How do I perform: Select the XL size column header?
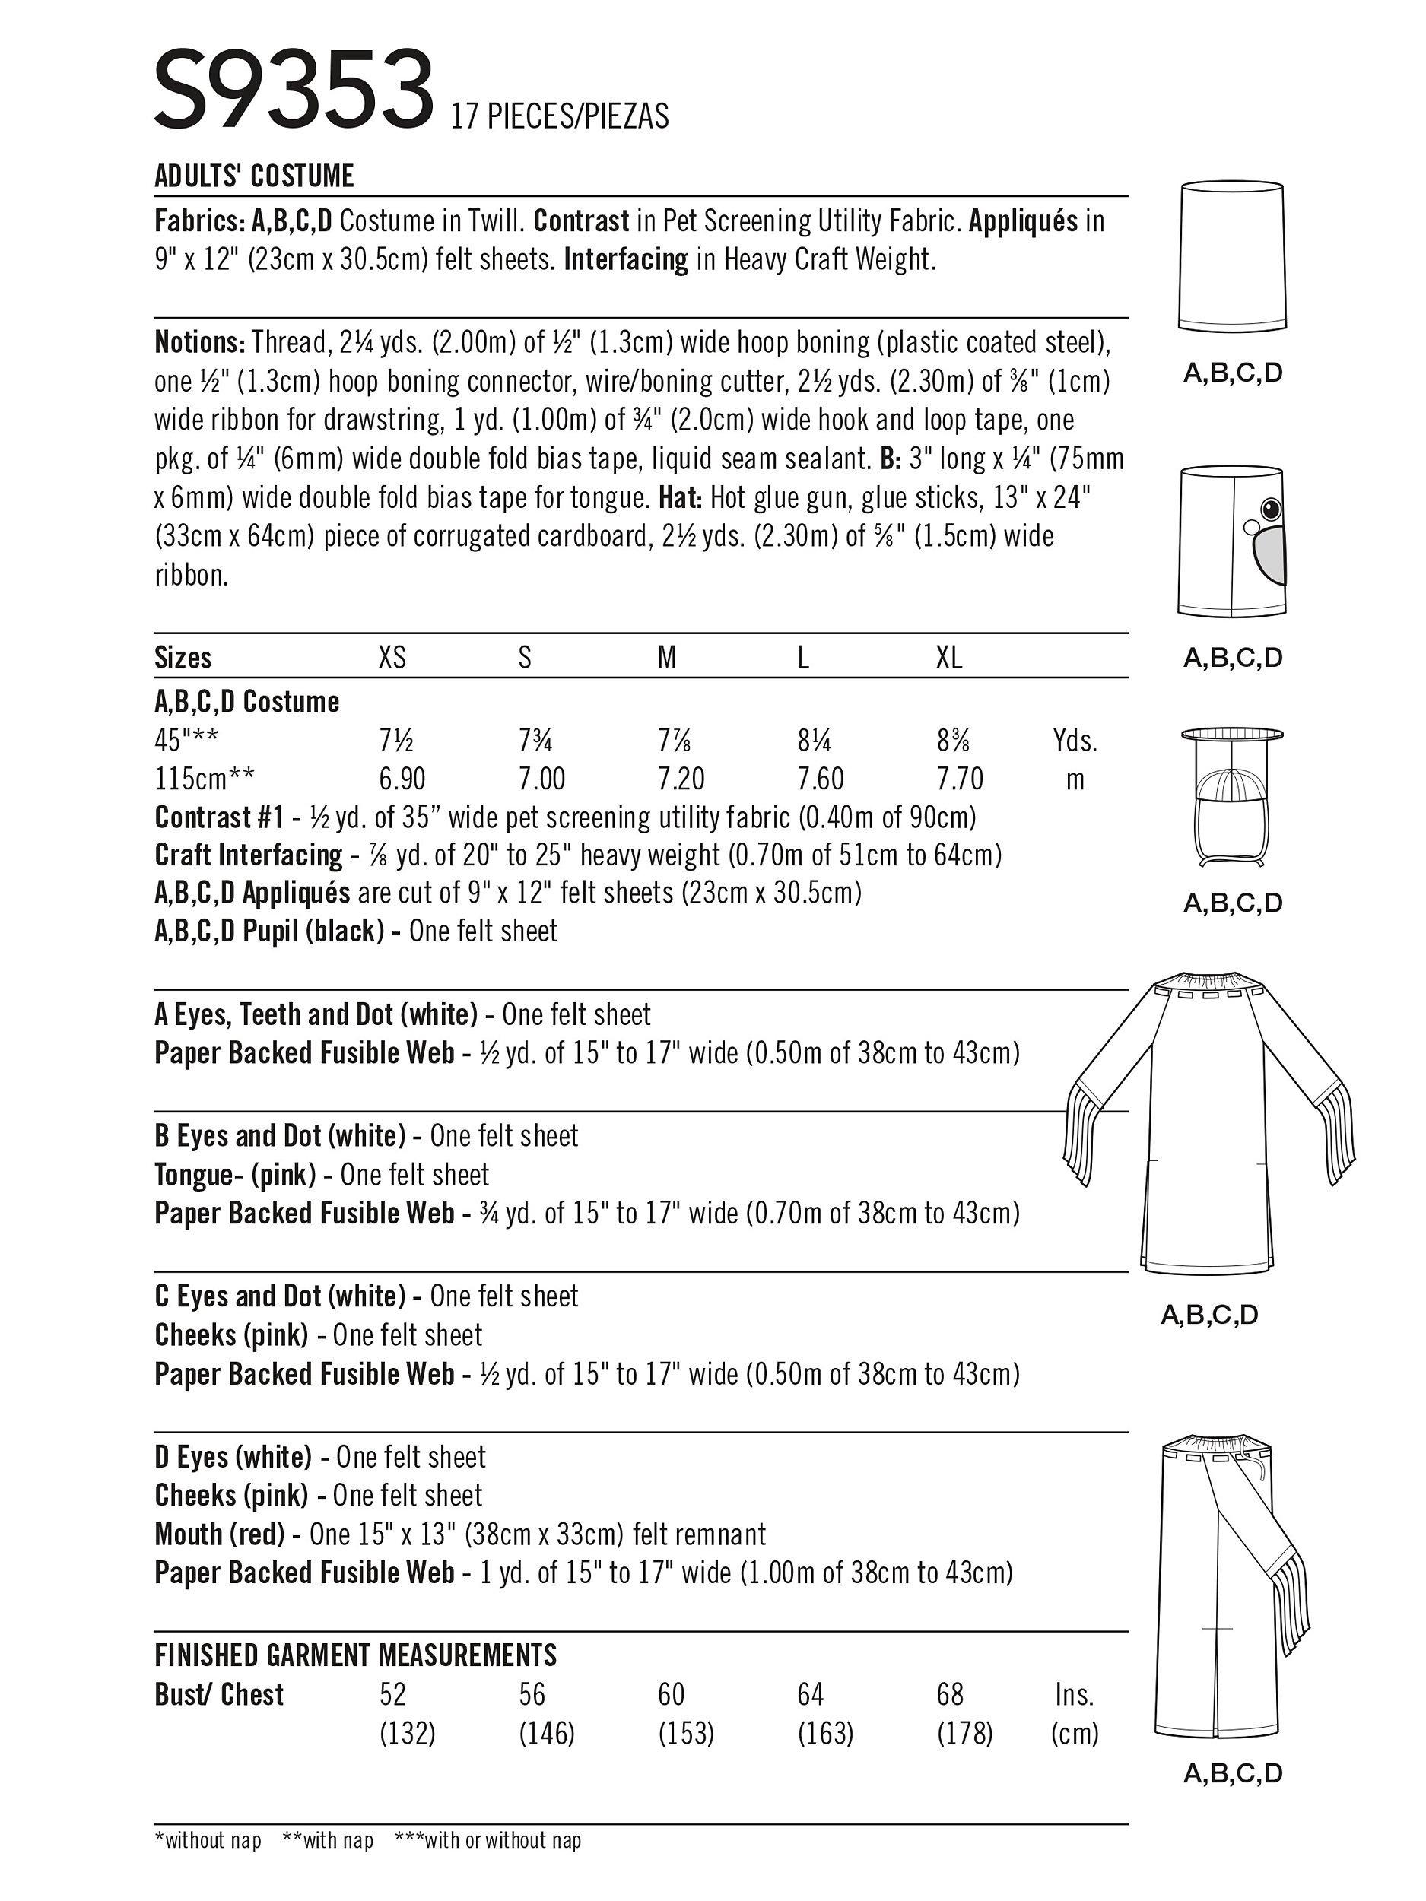[x=948, y=659]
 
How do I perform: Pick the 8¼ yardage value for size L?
[x=813, y=741]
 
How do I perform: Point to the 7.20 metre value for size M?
[x=681, y=779]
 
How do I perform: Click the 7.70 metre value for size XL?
[x=959, y=779]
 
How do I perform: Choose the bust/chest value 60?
[x=671, y=1694]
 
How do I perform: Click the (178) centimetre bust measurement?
[x=964, y=1734]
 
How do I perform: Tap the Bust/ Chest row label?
[x=219, y=1694]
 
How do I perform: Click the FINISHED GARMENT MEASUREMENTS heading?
[x=355, y=1655]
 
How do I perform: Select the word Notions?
[x=200, y=342]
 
